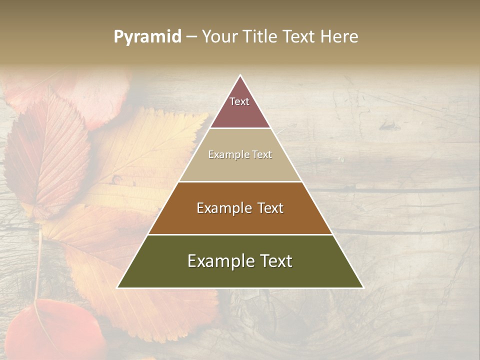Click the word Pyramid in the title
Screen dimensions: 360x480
[x=147, y=37]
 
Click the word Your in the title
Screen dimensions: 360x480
[x=221, y=36]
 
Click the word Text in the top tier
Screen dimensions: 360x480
[x=239, y=101]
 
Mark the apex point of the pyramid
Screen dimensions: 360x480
[x=240, y=75]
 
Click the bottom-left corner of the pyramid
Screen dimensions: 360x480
[x=118, y=287]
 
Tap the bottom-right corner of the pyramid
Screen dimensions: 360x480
[x=362, y=287]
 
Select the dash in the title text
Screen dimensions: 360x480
[x=191, y=37]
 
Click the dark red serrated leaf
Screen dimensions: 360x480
[x=47, y=150]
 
